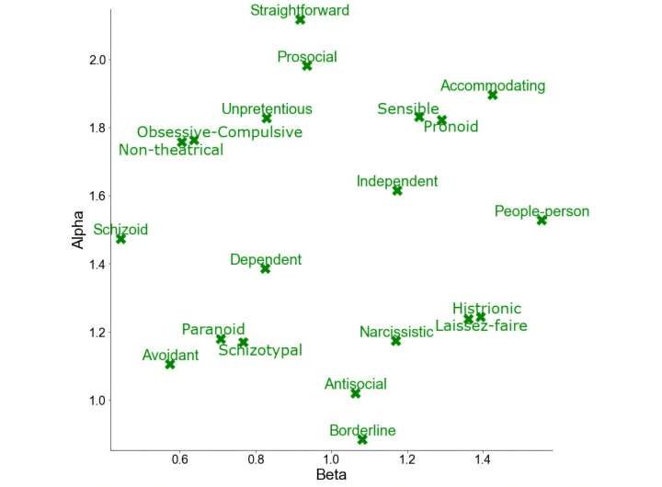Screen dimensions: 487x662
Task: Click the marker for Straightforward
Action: pos(300,19)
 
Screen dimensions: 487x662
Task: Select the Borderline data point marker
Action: pos(362,439)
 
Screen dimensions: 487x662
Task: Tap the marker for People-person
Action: pos(542,221)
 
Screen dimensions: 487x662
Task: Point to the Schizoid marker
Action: pos(120,239)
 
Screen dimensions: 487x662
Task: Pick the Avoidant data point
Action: pos(170,365)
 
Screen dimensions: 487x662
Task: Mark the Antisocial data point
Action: pos(356,393)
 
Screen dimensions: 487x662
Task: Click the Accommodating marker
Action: pos(493,95)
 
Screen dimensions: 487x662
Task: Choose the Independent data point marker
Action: pos(397,190)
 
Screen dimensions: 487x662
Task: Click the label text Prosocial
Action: pos(307,57)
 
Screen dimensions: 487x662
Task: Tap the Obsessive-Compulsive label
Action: pos(220,132)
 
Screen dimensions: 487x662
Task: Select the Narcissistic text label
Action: pos(396,332)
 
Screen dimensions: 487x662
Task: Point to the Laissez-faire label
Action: pos(481,325)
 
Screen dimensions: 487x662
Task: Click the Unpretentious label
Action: pos(267,108)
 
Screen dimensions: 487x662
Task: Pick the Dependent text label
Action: pos(266,260)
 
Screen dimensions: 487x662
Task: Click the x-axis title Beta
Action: pos(331,475)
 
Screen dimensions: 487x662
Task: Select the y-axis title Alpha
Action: pos(80,230)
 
